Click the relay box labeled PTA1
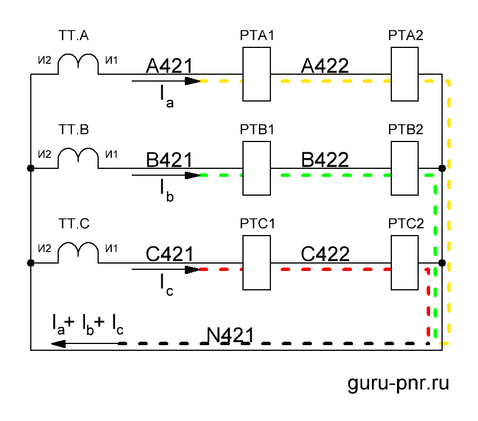(x=256, y=74)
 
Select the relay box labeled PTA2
(x=404, y=74)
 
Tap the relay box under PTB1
(x=256, y=169)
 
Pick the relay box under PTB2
(x=404, y=169)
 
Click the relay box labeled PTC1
(x=256, y=263)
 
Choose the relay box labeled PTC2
(x=404, y=263)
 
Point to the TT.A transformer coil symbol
(x=78, y=63)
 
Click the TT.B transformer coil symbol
(x=78, y=157)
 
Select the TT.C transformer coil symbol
(x=78, y=252)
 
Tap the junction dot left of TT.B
(x=31, y=168)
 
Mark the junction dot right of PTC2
(x=442, y=263)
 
